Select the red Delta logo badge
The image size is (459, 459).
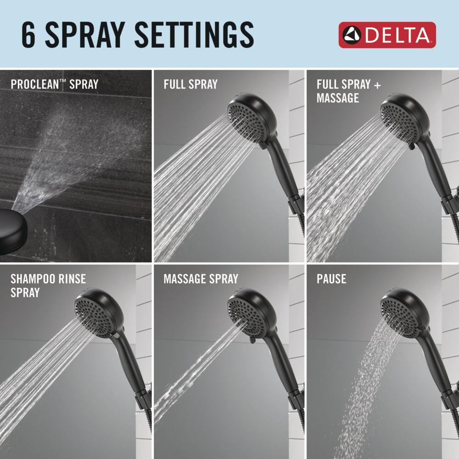tap(387, 35)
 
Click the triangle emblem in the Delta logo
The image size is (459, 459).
tap(352, 35)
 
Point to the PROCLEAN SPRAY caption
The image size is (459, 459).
tap(55, 84)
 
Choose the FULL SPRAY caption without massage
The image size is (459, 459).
tap(190, 84)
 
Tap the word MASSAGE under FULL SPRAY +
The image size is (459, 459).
tap(338, 98)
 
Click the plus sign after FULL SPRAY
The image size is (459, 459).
tap(377, 85)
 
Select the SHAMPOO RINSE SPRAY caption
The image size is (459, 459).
tap(48, 285)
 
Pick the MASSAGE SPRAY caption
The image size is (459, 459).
tap(201, 279)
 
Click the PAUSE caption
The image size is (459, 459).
tap(331, 279)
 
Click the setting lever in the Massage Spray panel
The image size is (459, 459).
tap(251, 340)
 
